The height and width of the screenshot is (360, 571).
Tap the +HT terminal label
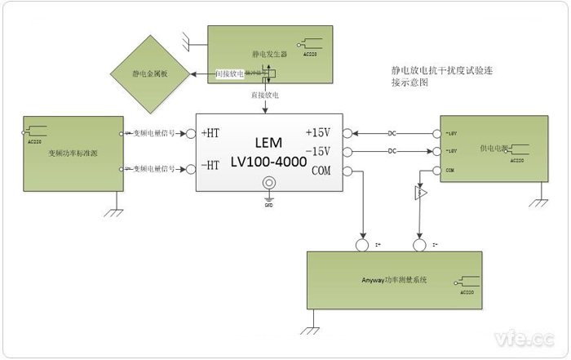[x=210, y=133]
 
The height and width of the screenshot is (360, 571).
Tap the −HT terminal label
[x=210, y=165]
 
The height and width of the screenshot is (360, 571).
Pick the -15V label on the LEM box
[x=317, y=152]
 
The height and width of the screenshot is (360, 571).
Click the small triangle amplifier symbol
[x=420, y=193]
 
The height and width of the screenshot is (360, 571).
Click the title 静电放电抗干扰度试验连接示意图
[x=441, y=77]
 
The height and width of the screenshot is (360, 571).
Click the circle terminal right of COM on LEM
[x=348, y=171]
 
